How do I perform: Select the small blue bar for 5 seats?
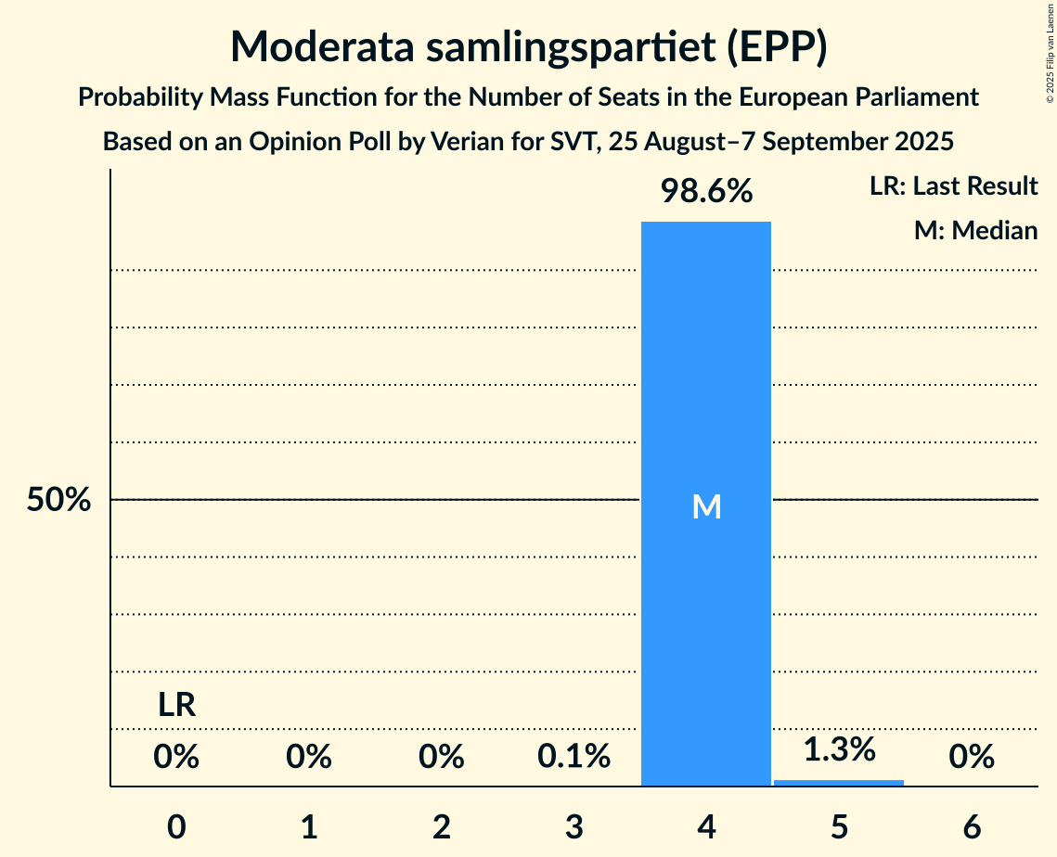[839, 783]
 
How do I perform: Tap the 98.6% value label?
[706, 192]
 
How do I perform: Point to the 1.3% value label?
[839, 749]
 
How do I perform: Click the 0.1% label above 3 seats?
[574, 758]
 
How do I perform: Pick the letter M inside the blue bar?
[706, 506]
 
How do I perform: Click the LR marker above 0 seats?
[176, 706]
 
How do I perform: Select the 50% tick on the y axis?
[58, 501]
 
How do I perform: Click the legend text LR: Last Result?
[953, 186]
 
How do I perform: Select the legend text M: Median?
[975, 230]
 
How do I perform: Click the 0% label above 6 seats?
[972, 758]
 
